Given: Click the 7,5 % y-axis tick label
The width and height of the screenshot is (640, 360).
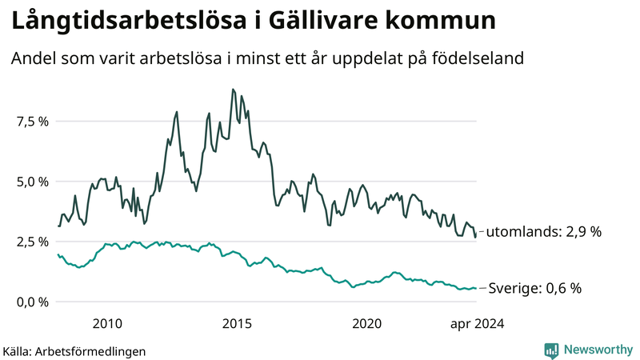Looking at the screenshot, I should [32, 122].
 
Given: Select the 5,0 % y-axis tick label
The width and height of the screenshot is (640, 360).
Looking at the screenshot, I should [32, 182].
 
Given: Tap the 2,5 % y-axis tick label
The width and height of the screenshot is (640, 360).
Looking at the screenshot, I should [32, 242].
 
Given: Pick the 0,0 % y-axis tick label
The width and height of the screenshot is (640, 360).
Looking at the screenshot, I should [32, 302].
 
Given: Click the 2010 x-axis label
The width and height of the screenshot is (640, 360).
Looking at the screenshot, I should [107, 324].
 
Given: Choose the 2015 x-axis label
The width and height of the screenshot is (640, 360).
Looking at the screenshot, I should [237, 324].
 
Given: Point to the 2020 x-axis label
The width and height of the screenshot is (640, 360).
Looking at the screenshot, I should [367, 324].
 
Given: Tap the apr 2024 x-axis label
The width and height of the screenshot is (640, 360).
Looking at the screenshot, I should [477, 324].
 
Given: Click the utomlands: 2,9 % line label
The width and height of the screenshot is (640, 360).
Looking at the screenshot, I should [543, 232].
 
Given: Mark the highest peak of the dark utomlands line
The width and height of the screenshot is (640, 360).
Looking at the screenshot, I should [233, 89].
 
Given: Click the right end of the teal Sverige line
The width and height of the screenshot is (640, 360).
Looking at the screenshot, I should [476, 288].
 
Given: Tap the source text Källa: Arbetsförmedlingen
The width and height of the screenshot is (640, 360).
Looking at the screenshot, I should [74, 350].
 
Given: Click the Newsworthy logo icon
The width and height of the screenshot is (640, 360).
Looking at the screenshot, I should [551, 350].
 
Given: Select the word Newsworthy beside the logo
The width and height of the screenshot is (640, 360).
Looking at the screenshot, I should [597, 350].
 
